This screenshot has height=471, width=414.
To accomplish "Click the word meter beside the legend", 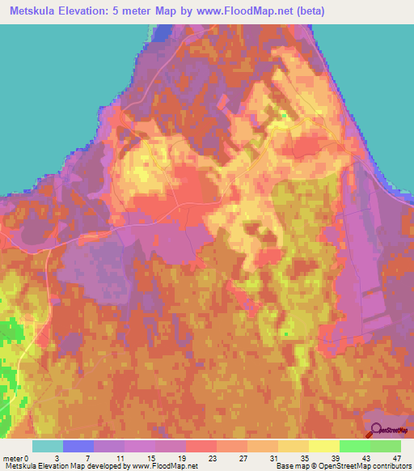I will coord(12,458).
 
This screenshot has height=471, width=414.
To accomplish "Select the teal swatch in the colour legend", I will coord(48,446).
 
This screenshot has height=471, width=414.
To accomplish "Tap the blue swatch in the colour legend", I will coord(78,446).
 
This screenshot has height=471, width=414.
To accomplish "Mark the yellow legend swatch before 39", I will coord(323,446).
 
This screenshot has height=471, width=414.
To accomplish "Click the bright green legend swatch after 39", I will coord(354,446).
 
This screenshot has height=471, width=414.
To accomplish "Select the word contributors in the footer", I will coord(391,467).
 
